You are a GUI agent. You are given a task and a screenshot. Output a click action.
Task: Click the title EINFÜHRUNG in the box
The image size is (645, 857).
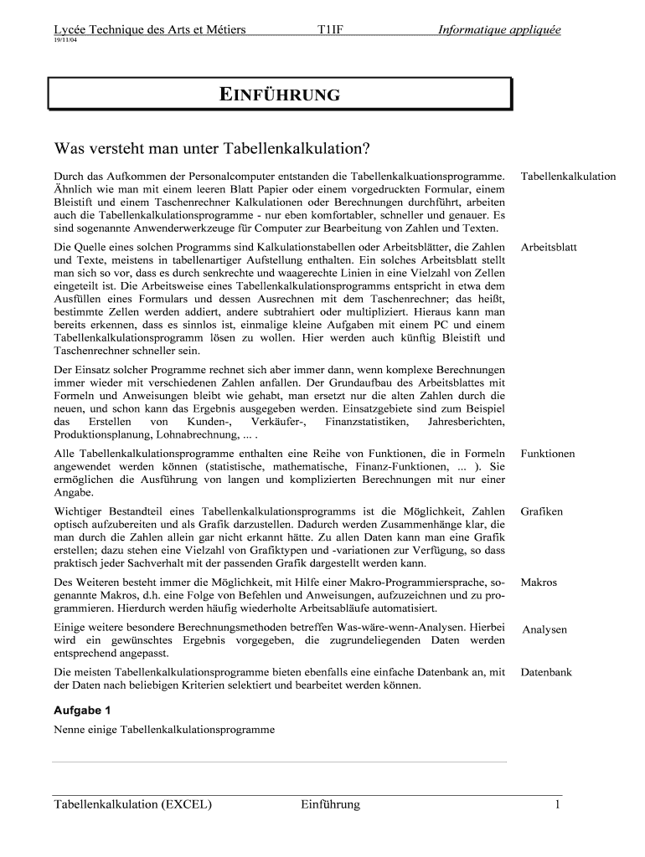[280, 95]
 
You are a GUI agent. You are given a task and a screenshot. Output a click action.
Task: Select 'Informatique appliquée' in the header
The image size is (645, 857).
[498, 30]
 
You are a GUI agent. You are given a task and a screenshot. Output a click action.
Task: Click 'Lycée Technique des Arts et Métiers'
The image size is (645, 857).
[150, 30]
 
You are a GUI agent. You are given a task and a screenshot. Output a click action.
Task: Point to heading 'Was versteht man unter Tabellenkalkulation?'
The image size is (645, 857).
[212, 148]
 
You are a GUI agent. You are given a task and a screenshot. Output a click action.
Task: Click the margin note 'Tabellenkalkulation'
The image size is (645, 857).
[568, 177]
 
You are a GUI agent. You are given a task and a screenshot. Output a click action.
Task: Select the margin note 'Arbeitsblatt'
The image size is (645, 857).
[549, 248]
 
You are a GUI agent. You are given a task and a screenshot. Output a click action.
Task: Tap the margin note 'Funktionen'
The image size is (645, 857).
[548, 454]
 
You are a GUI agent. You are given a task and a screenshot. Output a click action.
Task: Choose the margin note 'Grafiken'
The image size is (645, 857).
[541, 511]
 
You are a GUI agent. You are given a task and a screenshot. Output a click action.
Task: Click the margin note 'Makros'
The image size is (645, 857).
[539, 582]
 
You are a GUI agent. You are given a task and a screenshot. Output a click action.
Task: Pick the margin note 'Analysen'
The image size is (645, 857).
[544, 629]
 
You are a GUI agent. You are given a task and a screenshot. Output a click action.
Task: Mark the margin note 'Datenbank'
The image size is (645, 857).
[546, 672]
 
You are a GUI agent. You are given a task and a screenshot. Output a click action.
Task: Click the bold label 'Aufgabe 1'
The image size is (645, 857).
[82, 710]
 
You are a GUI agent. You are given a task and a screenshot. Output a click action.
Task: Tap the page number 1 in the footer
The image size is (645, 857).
[556, 805]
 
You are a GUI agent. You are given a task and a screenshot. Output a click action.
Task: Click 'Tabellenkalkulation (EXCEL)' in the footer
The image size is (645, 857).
[132, 805]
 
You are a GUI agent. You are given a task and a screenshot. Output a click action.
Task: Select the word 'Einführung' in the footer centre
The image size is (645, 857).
[329, 805]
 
